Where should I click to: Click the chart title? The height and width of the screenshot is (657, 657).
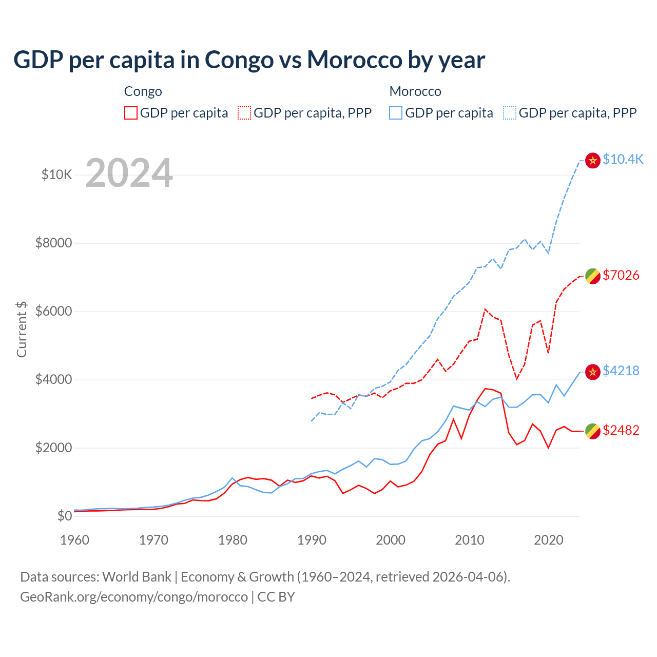coord(249,60)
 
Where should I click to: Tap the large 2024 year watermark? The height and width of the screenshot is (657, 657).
coord(129,173)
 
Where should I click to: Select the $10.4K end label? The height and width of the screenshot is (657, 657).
coord(623,159)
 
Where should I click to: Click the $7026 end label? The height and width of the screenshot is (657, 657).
coord(621,275)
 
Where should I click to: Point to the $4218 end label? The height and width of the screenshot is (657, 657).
coord(621,371)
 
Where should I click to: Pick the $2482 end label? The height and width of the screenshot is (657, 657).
coord(621,430)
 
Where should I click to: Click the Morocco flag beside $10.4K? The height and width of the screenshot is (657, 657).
coord(593,160)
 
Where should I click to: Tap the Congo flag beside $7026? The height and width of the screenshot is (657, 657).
coord(593,276)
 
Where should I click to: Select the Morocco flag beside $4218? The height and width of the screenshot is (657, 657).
coord(593,372)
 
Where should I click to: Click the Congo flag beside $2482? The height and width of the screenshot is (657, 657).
coord(593,431)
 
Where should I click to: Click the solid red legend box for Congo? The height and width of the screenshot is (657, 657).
coord(131,113)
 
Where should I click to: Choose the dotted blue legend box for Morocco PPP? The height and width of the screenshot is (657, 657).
coord(510,113)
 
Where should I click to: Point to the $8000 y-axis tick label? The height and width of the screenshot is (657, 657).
coord(53,243)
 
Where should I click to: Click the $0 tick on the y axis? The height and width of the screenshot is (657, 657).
coord(64,516)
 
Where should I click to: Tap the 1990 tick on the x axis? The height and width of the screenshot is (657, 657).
coord(312,540)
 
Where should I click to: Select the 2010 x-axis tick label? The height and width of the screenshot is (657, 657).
coord(470,540)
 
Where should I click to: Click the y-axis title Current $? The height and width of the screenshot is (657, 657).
coord(22,330)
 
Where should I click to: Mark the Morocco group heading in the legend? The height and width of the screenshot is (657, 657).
coord(415,91)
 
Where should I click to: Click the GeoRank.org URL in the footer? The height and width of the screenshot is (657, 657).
coord(134,597)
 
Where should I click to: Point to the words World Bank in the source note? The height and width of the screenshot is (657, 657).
coord(137,577)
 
